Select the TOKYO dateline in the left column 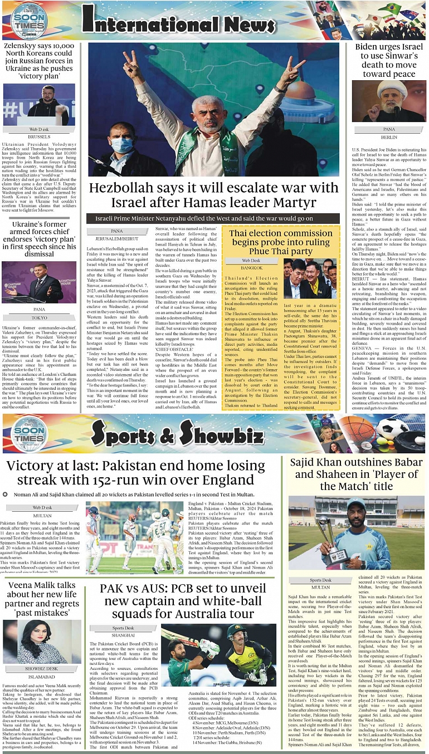click(39, 317)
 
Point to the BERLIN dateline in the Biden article click(389, 136)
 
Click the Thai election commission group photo click(309, 277)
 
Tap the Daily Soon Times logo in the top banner click(28, 21)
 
